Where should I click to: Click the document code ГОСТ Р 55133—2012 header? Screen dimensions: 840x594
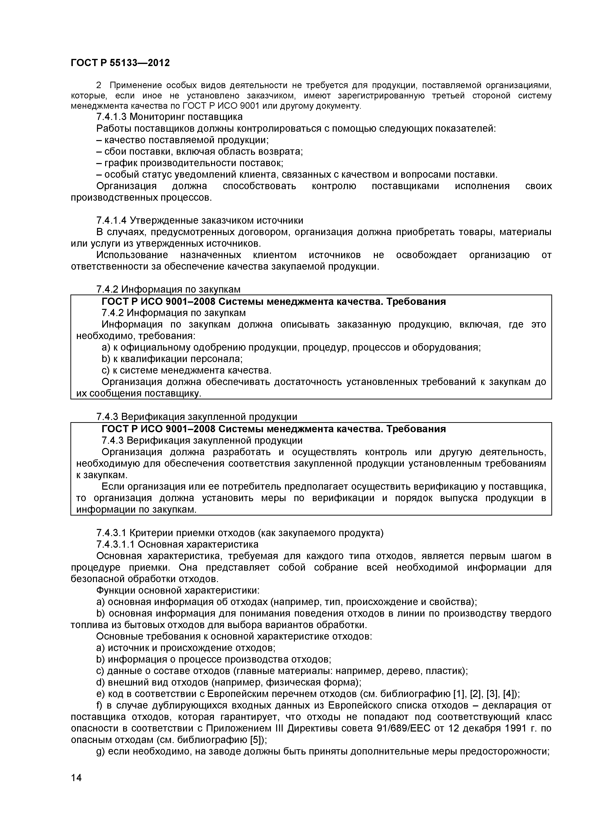120,63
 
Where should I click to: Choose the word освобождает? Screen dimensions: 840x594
427,255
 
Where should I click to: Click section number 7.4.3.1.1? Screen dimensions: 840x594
116,544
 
